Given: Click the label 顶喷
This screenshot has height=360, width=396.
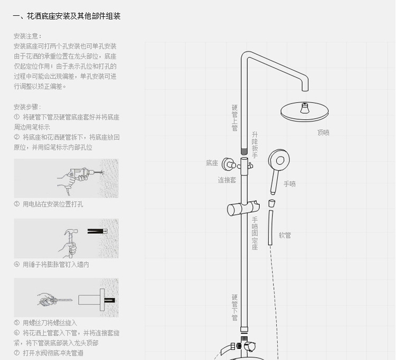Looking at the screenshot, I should pyautogui.click(x=323, y=132).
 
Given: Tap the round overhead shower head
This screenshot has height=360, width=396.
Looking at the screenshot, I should pyautogui.click(x=305, y=111).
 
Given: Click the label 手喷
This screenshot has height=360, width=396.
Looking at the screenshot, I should pyautogui.click(x=290, y=184).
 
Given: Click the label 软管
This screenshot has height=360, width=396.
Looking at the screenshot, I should pyautogui.click(x=285, y=235).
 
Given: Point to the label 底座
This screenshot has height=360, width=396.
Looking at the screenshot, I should pyautogui.click(x=212, y=163).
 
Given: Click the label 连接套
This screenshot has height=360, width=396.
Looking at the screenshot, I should pyautogui.click(x=227, y=179).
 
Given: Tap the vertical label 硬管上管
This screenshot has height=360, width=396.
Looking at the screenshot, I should pyautogui.click(x=234, y=117).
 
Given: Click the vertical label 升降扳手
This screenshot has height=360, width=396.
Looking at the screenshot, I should pyautogui.click(x=255, y=145).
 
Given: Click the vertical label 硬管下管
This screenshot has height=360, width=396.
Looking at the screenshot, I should pyautogui.click(x=234, y=308).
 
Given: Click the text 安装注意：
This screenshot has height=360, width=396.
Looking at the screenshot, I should pyautogui.click(x=28, y=36).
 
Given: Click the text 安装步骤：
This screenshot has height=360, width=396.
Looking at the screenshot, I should pyautogui.click(x=28, y=107).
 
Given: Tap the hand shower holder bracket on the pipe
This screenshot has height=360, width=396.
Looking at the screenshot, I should pyautogui.click(x=243, y=208).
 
